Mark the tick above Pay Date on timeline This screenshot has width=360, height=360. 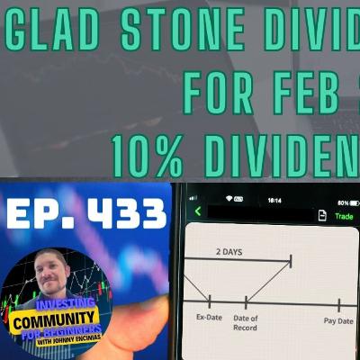339,304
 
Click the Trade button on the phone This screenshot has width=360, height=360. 345,215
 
